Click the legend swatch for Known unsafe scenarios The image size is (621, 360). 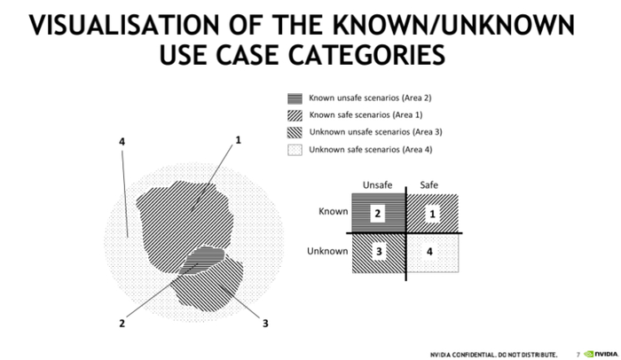tap(295, 98)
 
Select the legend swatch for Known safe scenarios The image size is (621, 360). tap(295, 115)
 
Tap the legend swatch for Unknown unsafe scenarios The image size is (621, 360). tap(295, 132)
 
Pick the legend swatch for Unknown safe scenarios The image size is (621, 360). tap(295, 150)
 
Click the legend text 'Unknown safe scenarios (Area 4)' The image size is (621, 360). tap(371, 150)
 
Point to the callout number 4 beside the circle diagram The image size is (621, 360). tap(122, 141)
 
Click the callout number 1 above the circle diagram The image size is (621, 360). tap(238, 140)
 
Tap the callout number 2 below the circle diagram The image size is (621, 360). tap(122, 324)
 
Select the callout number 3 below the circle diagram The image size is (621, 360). tap(265, 324)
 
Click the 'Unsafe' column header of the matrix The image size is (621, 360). tap(377, 185)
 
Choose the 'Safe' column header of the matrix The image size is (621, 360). tap(428, 185)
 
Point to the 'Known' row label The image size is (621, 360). tap(334, 212)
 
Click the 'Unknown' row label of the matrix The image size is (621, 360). tap(327, 251)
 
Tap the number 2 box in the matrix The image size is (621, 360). tap(377, 214)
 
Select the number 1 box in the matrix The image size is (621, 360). tap(432, 215)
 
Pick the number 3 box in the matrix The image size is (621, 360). tap(379, 252)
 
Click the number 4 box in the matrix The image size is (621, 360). tap(429, 252)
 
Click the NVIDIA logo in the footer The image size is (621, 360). tap(601, 354)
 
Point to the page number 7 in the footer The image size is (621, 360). tap(578, 355)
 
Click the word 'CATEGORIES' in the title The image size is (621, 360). tap(366, 55)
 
